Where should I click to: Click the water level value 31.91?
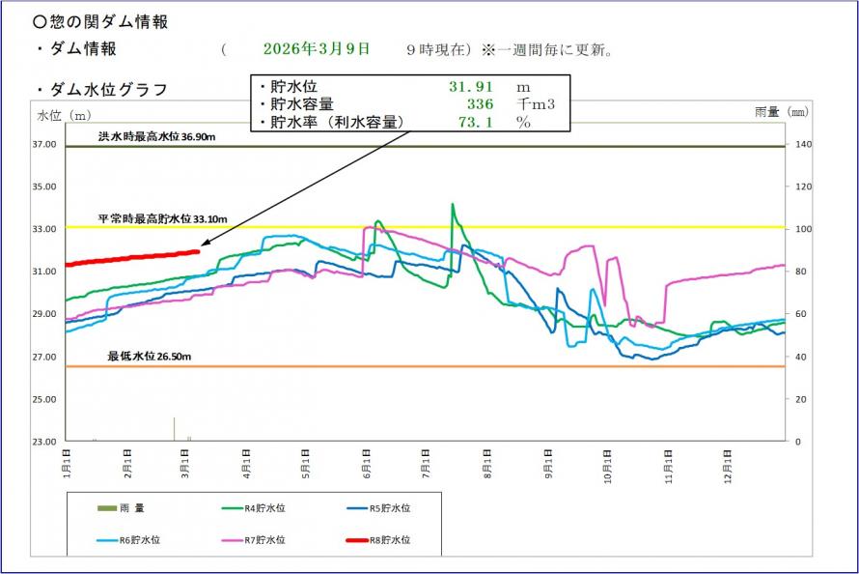pyautogui.click(x=464, y=86)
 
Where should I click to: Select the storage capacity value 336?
pyautogui.click(x=480, y=104)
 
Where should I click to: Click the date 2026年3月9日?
pyautogui.click(x=316, y=48)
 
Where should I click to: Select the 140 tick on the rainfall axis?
pyautogui.click(x=802, y=144)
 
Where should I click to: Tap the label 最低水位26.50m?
pyautogui.click(x=150, y=357)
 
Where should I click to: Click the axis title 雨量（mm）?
pyautogui.click(x=781, y=112)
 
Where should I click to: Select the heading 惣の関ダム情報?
pyautogui.click(x=99, y=21)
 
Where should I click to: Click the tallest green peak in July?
pyautogui.click(x=453, y=205)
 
